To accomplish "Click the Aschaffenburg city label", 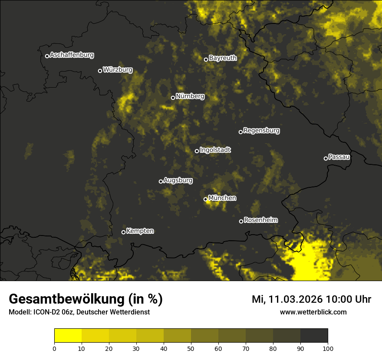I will point(72,55).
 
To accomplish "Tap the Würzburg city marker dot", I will point(100,71).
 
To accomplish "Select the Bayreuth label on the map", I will point(223,58).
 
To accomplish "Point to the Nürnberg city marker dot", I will point(173,98).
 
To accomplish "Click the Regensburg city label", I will point(261,131).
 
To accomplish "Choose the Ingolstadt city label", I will point(215,150).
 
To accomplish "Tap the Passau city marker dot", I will point(326,158).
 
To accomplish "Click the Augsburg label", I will point(178,180).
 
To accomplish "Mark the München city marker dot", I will point(205,199).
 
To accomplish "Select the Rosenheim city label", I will point(260,220).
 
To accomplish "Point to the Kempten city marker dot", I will point(123,232).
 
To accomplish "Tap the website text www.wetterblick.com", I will point(313,312).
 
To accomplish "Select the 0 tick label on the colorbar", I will point(54,348).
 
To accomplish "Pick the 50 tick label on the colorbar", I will point(191,348).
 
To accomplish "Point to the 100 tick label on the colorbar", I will point(328,348).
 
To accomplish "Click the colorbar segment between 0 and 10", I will point(68,336).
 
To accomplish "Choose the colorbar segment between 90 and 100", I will point(314,336).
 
